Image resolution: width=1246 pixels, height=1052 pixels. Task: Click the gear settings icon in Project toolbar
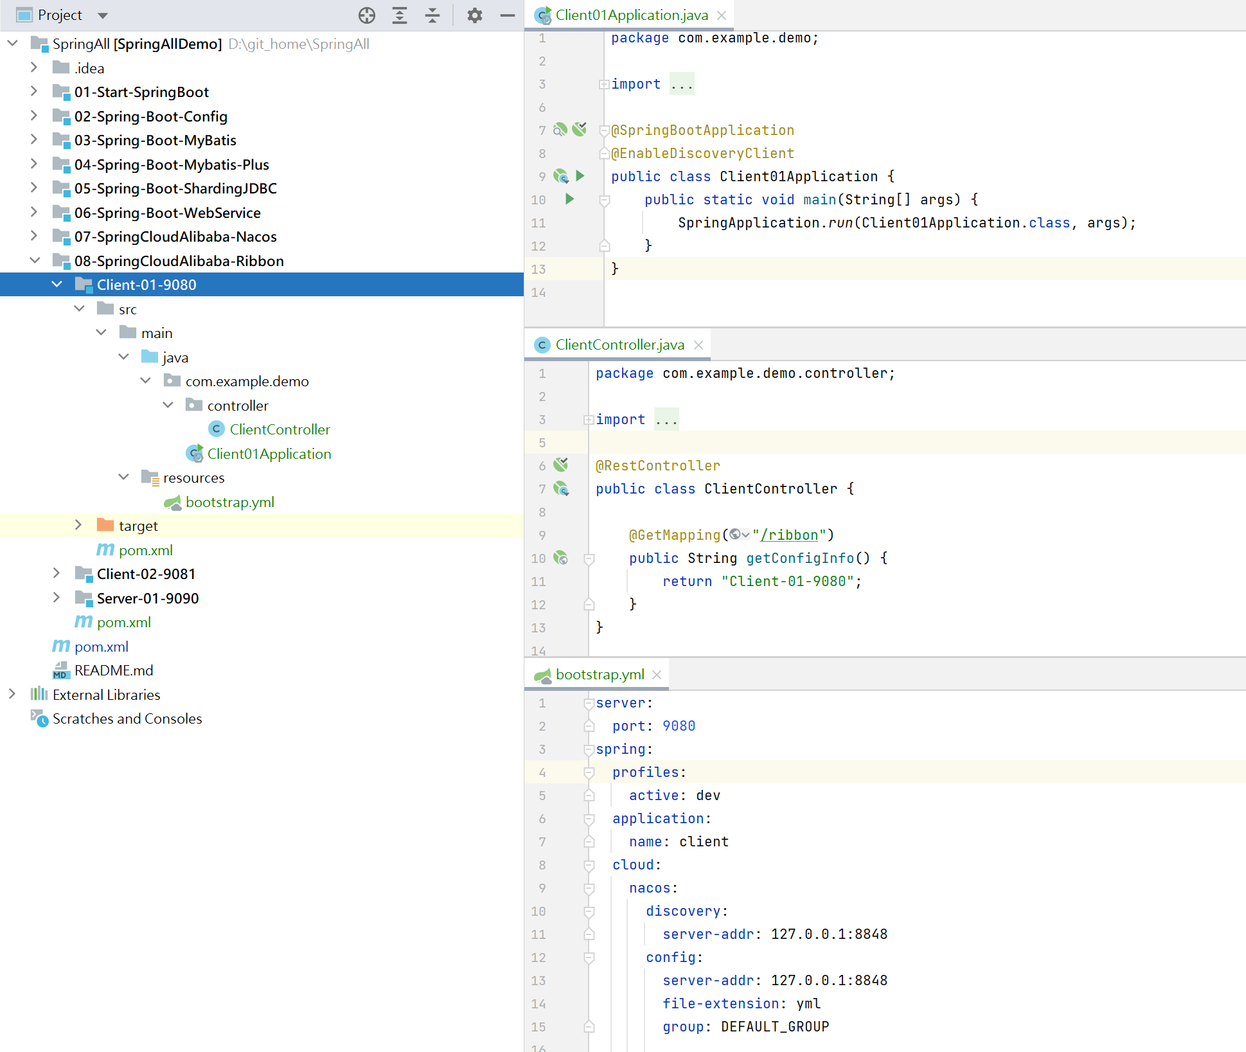(x=474, y=15)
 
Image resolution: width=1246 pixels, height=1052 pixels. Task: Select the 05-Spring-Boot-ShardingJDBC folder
(x=175, y=188)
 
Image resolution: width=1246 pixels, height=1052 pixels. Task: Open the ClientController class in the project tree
(x=280, y=429)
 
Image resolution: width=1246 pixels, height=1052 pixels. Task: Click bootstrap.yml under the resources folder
(x=229, y=502)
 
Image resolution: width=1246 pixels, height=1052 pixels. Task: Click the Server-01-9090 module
(x=148, y=598)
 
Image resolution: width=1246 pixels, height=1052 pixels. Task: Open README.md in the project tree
(x=114, y=670)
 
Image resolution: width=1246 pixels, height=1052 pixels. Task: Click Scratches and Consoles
(x=127, y=718)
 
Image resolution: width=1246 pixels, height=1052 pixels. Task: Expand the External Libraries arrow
(x=12, y=694)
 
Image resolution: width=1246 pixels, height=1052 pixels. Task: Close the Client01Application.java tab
(x=722, y=15)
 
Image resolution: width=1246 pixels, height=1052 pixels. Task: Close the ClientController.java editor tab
(x=699, y=345)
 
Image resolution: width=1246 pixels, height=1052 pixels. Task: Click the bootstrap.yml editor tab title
(x=600, y=674)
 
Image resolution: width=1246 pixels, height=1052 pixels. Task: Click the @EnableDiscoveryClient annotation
(x=702, y=154)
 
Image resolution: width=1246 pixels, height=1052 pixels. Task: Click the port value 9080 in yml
(x=679, y=726)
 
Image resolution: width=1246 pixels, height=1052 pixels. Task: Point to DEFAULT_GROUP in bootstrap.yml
(x=775, y=1026)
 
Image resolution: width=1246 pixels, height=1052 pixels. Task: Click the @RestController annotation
(x=658, y=466)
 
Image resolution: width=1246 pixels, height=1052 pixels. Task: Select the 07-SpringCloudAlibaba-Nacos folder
(x=175, y=236)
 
